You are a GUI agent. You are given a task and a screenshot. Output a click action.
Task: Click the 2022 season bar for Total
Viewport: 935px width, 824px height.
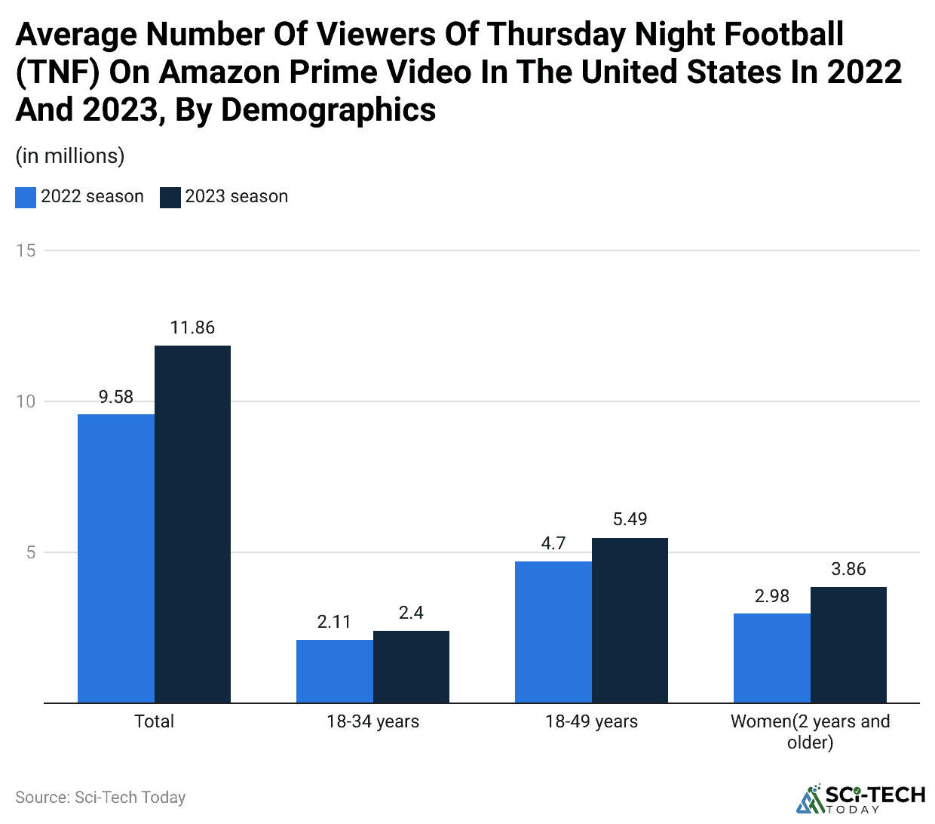tap(116, 558)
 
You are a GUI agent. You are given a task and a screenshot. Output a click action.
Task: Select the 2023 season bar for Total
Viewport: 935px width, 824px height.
tap(192, 524)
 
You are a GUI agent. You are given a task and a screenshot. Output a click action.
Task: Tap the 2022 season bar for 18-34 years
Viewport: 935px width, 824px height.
tap(335, 671)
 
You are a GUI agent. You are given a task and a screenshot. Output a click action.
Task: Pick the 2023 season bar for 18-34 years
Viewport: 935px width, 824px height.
tap(411, 666)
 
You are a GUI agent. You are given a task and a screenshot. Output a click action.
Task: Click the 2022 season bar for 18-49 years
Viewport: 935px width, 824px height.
tap(553, 632)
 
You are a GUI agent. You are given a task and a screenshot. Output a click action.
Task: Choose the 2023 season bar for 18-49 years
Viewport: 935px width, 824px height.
tap(630, 620)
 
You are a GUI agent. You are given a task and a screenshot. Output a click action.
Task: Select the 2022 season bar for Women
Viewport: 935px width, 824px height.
tap(772, 658)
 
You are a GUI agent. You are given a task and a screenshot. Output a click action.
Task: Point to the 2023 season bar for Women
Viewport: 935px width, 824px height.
tap(848, 644)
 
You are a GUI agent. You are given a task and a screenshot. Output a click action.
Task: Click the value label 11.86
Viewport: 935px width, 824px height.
tap(192, 327)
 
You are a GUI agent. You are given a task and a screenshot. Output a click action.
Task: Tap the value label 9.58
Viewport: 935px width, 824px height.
tap(116, 397)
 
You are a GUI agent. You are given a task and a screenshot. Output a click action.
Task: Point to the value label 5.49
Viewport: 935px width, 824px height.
tap(630, 519)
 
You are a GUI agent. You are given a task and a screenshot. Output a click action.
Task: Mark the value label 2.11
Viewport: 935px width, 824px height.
tap(334, 622)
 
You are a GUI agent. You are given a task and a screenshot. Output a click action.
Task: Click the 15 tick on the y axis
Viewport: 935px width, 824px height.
tap(26, 251)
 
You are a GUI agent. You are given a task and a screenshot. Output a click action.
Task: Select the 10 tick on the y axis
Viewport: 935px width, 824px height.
tap(26, 401)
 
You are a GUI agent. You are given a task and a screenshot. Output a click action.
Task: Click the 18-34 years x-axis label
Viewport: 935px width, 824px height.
tap(372, 721)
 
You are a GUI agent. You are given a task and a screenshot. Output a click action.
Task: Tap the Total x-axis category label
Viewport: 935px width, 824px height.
tap(154, 721)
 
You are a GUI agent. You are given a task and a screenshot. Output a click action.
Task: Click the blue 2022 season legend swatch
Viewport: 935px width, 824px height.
tap(26, 197)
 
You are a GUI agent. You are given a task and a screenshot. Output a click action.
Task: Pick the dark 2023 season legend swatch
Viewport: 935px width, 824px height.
tap(170, 197)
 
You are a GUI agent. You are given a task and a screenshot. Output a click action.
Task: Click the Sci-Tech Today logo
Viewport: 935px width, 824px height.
tap(860, 799)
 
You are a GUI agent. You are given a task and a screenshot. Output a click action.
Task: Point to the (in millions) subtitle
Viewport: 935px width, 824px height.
tap(70, 156)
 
